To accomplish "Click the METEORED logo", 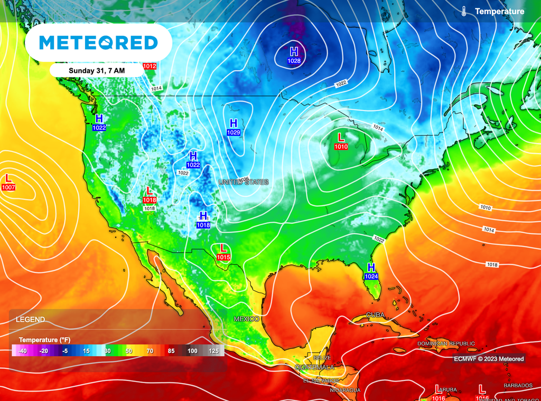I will (98, 43).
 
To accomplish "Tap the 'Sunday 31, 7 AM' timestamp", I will (97, 70).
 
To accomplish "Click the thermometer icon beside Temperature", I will (463, 11).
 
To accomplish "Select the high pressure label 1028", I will (294, 61).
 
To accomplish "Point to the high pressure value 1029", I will (234, 132).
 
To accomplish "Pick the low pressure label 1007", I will (8, 187).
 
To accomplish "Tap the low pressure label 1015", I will (223, 257).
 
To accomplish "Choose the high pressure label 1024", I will (371, 276).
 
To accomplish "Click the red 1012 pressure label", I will (150, 66).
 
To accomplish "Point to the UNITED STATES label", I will (244, 182).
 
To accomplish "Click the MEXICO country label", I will (247, 319).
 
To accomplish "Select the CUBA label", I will (375, 315).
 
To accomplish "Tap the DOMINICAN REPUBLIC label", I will (446, 343).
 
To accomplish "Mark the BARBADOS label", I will (518, 386).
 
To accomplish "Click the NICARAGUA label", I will (345, 390).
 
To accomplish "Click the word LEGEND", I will (30, 320).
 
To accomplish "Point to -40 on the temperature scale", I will (22, 351).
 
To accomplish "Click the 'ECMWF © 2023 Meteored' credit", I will (489, 359).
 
